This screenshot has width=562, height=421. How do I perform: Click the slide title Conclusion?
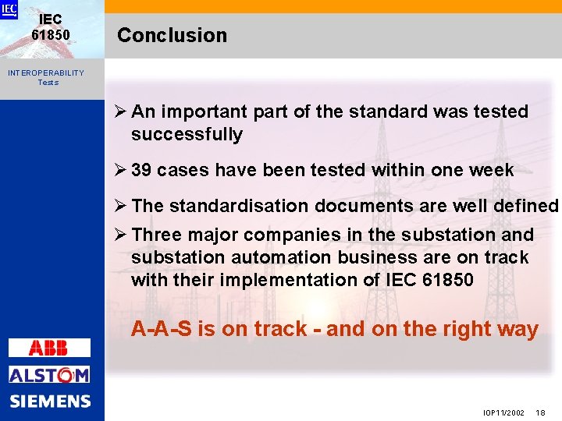coord(172,36)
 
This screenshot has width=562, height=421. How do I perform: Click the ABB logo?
coord(49,348)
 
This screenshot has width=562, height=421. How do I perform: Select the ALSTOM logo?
coord(49,375)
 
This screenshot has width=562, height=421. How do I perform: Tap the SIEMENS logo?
coord(50,402)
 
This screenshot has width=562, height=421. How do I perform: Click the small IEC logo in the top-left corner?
coord(9,9)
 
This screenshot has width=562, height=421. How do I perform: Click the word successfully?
coord(187,135)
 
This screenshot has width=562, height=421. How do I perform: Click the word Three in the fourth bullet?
coord(157,235)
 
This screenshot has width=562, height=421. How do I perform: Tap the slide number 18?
coord(541,412)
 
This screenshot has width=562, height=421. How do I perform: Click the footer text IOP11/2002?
coord(503,412)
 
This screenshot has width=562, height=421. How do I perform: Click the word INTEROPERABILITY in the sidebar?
coord(46,73)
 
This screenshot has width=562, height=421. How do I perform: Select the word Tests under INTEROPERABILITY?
coord(48,83)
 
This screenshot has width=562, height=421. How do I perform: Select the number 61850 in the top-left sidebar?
coord(51,35)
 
